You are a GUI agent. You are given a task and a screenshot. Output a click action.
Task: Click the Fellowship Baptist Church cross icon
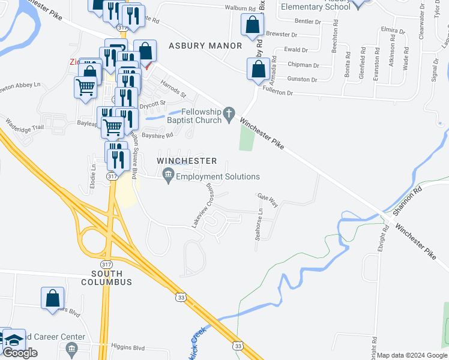[x=228, y=113]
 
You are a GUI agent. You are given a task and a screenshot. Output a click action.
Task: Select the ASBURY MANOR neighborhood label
[x=205, y=46]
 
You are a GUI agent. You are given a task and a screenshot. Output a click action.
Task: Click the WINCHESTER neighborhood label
[x=187, y=161]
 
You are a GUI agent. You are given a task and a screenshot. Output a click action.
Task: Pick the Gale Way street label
[x=268, y=200]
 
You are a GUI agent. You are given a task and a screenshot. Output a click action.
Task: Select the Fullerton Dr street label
[x=290, y=93]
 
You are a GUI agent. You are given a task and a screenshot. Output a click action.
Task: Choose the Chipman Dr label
[x=304, y=65]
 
